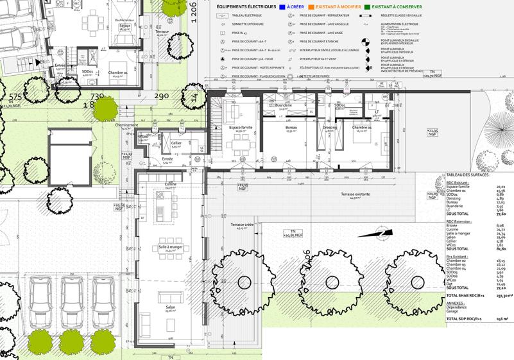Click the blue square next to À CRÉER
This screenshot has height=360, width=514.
[282, 6]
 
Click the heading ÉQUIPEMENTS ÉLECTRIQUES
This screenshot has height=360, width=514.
[246, 6]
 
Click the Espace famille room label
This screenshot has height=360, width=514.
[241, 128]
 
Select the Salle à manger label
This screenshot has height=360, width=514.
[166, 246]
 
